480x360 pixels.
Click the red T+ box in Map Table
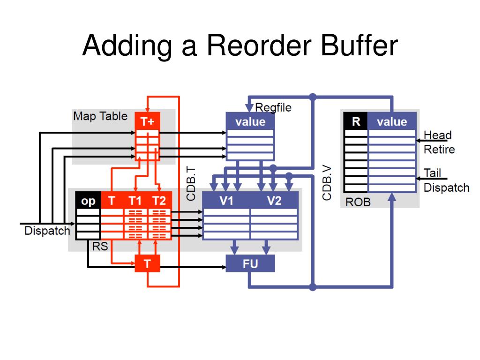pos(147,121)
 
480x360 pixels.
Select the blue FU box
pos(250,263)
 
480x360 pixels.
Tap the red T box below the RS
pos(147,263)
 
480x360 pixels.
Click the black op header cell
pos(88,201)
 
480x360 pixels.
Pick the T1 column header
pos(135,201)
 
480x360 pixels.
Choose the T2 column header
pos(159,201)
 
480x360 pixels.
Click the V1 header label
pos(226,201)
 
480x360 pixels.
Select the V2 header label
pos(274,201)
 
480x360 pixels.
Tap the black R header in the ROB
pos(356,121)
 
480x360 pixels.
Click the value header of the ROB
pos(392,121)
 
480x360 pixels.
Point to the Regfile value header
pos(250,121)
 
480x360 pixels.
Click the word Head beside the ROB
pos(438,135)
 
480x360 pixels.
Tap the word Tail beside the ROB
pos(432,173)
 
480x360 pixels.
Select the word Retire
pos(439,150)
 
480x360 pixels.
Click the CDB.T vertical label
pos(190,184)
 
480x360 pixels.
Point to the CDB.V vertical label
pos(327,183)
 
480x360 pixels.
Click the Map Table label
pos(100,116)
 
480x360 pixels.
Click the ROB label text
pos(358,202)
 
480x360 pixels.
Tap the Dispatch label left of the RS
pos(47,231)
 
